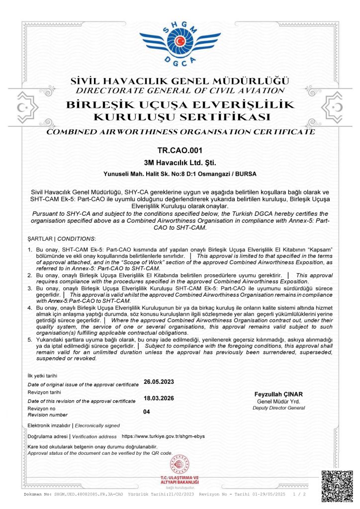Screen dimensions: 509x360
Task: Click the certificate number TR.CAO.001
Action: click(180, 150)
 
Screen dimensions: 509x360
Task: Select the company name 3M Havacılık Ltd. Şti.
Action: click(180, 162)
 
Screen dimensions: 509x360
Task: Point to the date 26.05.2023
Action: click(159, 382)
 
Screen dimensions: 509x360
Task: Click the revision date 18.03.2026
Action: click(159, 398)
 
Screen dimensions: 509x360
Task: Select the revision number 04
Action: click(147, 412)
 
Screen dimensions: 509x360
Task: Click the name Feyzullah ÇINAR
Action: click(278, 394)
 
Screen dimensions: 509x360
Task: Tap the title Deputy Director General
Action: click(278, 408)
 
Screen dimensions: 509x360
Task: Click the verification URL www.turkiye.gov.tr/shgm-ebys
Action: click(163, 436)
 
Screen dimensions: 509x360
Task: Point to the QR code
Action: click(337, 485)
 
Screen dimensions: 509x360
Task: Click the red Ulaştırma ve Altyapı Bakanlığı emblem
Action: click(180, 465)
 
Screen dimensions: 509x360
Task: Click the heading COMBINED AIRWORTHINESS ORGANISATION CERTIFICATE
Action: click(180, 132)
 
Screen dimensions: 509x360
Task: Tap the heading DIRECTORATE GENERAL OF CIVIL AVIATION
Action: click(180, 91)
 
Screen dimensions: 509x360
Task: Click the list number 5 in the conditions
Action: click(29, 339)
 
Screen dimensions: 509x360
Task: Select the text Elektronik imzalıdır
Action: click(49, 425)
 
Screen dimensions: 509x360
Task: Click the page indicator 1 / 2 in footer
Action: click(300, 495)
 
